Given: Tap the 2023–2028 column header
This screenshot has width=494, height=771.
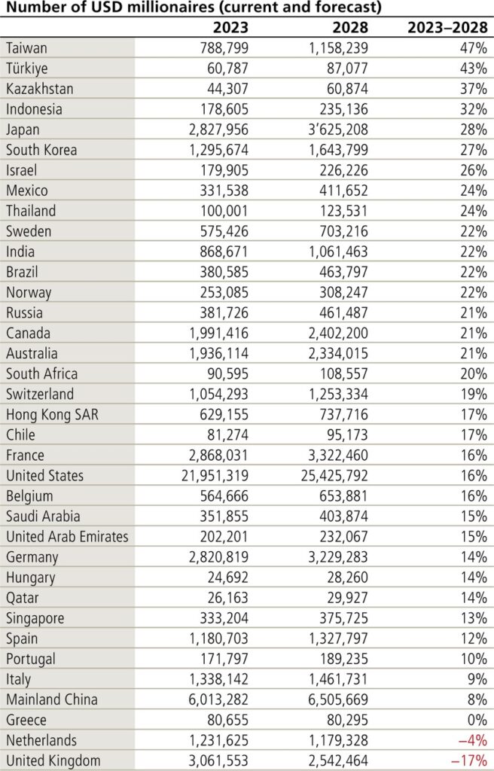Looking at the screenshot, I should pyautogui.click(x=447, y=28).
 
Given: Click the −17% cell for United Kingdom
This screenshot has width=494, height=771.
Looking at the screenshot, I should pyautogui.click(x=468, y=760).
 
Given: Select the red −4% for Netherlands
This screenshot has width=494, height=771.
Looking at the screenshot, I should pyautogui.click(x=471, y=740).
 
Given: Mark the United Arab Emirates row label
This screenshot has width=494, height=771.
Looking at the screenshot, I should pyautogui.click(x=67, y=537).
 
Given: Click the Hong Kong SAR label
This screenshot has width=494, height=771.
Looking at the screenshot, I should pyautogui.click(x=47, y=415).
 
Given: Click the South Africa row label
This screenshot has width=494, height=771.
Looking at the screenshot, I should pyautogui.click(x=41, y=374).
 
